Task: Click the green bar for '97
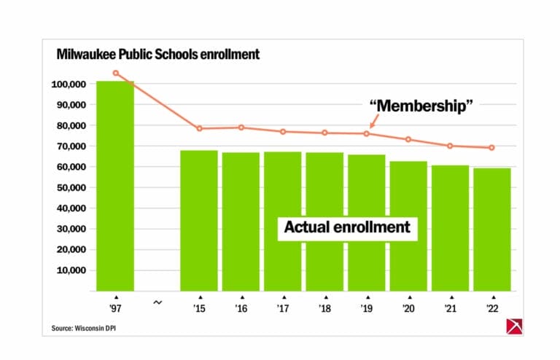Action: pos(115,186)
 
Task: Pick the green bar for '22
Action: pos(492,230)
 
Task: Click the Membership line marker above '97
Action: pos(115,73)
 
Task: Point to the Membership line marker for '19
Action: pos(367,133)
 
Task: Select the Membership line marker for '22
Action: pos(492,147)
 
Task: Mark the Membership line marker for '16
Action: pos(241,128)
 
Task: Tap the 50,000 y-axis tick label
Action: pos(69,188)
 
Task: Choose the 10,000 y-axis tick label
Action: pos(69,270)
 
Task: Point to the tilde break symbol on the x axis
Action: pos(157,302)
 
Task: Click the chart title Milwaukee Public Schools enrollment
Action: pos(158,55)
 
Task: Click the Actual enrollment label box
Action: pos(347,227)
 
